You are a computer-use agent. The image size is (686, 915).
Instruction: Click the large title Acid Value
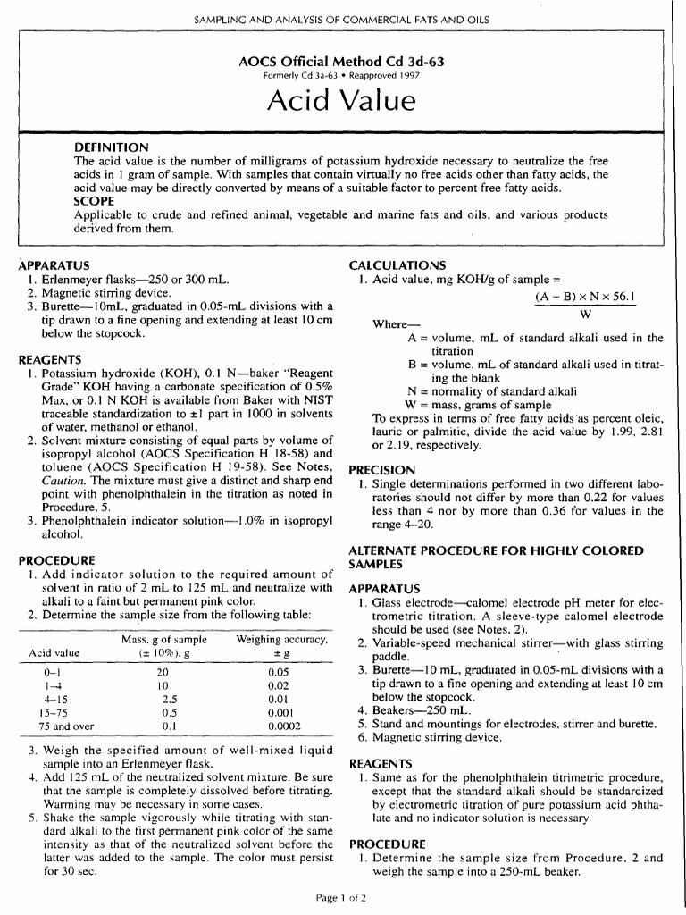[342, 102]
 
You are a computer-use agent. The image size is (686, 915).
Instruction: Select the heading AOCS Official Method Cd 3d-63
[342, 62]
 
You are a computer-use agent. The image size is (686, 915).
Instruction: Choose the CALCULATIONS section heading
[397, 265]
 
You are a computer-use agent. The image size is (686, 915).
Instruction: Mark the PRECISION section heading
[381, 469]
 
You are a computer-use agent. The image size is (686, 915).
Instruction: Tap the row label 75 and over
[54, 726]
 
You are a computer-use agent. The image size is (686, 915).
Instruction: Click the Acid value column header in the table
[54, 652]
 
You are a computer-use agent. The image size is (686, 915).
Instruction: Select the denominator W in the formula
[585, 315]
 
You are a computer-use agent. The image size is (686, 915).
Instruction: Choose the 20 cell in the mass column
[163, 669]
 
